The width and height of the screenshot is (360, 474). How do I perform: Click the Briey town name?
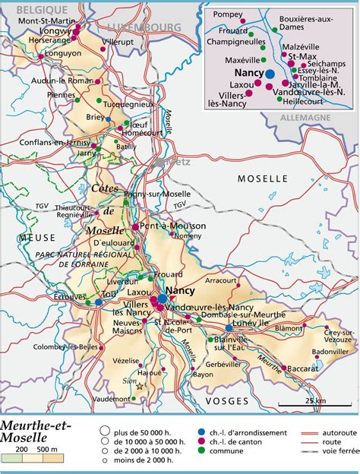coord(95,117)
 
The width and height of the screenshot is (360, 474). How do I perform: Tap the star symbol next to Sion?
coord(138,385)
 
